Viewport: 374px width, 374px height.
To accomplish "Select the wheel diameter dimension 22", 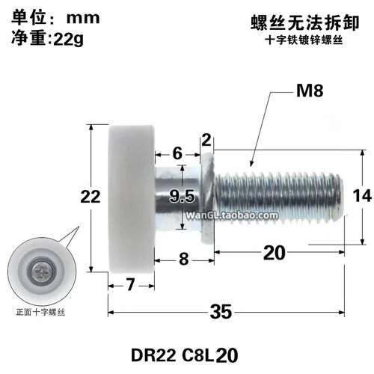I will pos(91,197).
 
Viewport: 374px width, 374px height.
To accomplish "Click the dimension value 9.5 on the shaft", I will pos(182,197).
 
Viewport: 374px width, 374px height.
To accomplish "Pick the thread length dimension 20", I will pos(275,253).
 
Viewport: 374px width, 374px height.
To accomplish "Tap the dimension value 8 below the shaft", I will pos(183,260).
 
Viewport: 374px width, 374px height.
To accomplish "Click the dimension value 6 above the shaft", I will pos(177,152).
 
